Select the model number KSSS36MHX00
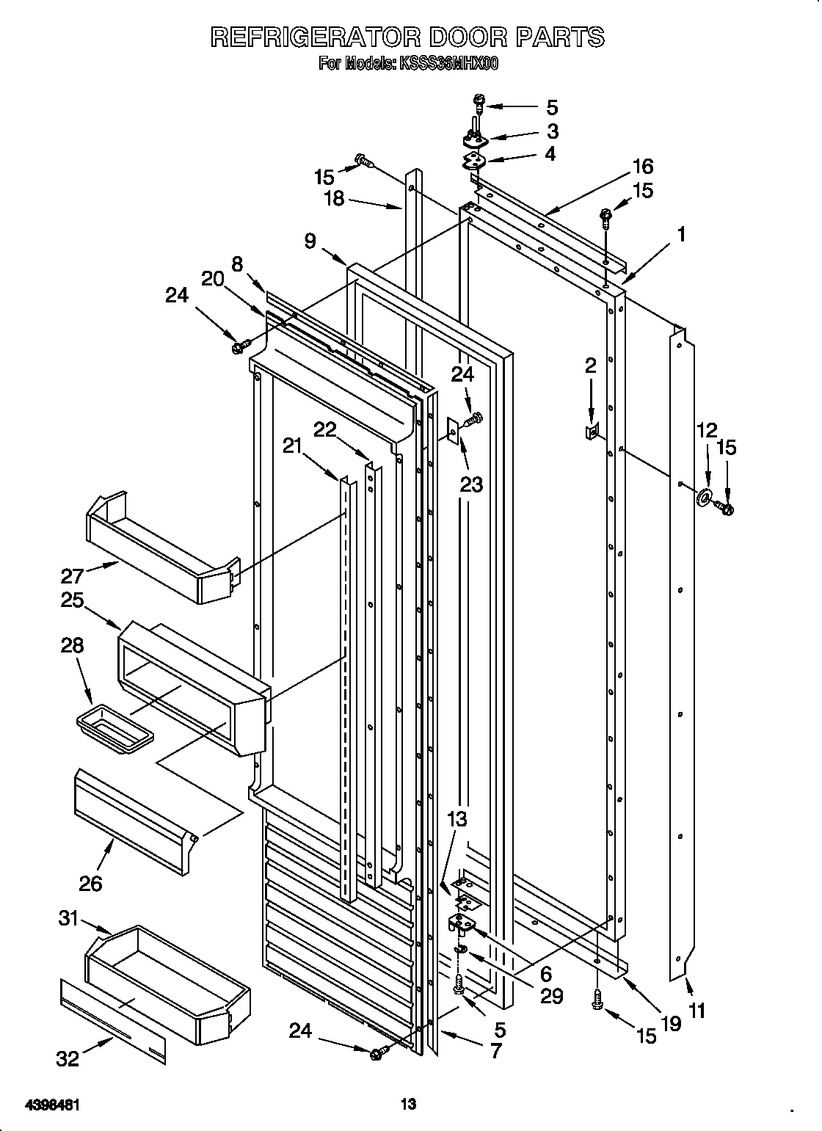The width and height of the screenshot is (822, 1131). [x=448, y=65]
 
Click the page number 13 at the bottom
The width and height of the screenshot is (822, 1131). [x=408, y=1083]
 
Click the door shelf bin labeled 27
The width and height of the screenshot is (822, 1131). [x=161, y=547]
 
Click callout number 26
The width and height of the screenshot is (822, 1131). [x=90, y=883]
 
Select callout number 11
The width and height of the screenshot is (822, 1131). [x=697, y=1011]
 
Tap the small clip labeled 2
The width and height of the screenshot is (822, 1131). [x=591, y=432]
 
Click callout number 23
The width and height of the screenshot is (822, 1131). [x=472, y=484]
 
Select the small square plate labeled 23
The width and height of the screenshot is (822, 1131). [x=453, y=432]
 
